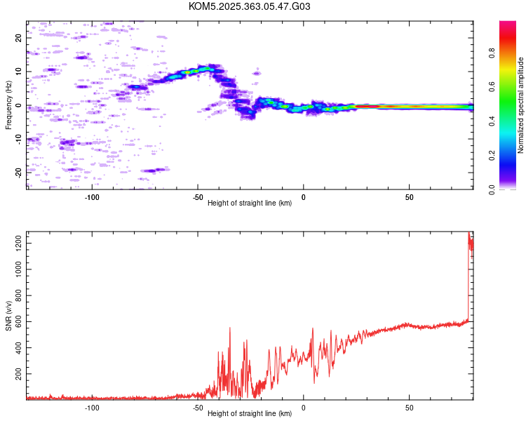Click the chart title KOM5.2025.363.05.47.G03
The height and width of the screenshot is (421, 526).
[249, 6]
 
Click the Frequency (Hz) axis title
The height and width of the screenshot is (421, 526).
[8, 105]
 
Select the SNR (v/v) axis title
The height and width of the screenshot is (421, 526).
[8, 316]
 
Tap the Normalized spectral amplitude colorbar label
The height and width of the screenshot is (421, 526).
[520, 105]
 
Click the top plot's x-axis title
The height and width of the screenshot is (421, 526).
[250, 203]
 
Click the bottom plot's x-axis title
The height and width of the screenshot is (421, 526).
[250, 413]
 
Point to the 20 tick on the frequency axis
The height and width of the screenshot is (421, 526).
[18, 38]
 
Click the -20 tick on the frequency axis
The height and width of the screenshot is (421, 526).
[18, 173]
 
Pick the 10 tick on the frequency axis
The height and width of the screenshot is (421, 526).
[18, 72]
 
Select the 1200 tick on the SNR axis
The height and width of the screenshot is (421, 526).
[18, 243]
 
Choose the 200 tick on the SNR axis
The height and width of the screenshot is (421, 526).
[18, 374]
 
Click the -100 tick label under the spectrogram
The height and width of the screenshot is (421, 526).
[92, 197]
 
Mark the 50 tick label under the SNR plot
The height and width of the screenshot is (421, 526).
[410, 408]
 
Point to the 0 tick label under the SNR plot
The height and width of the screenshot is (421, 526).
[304, 408]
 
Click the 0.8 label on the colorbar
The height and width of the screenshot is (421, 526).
[492, 53]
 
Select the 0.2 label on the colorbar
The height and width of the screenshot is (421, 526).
[492, 156]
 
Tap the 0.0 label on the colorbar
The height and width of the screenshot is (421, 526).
[492, 189]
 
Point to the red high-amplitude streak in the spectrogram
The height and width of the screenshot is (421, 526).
[367, 107]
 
